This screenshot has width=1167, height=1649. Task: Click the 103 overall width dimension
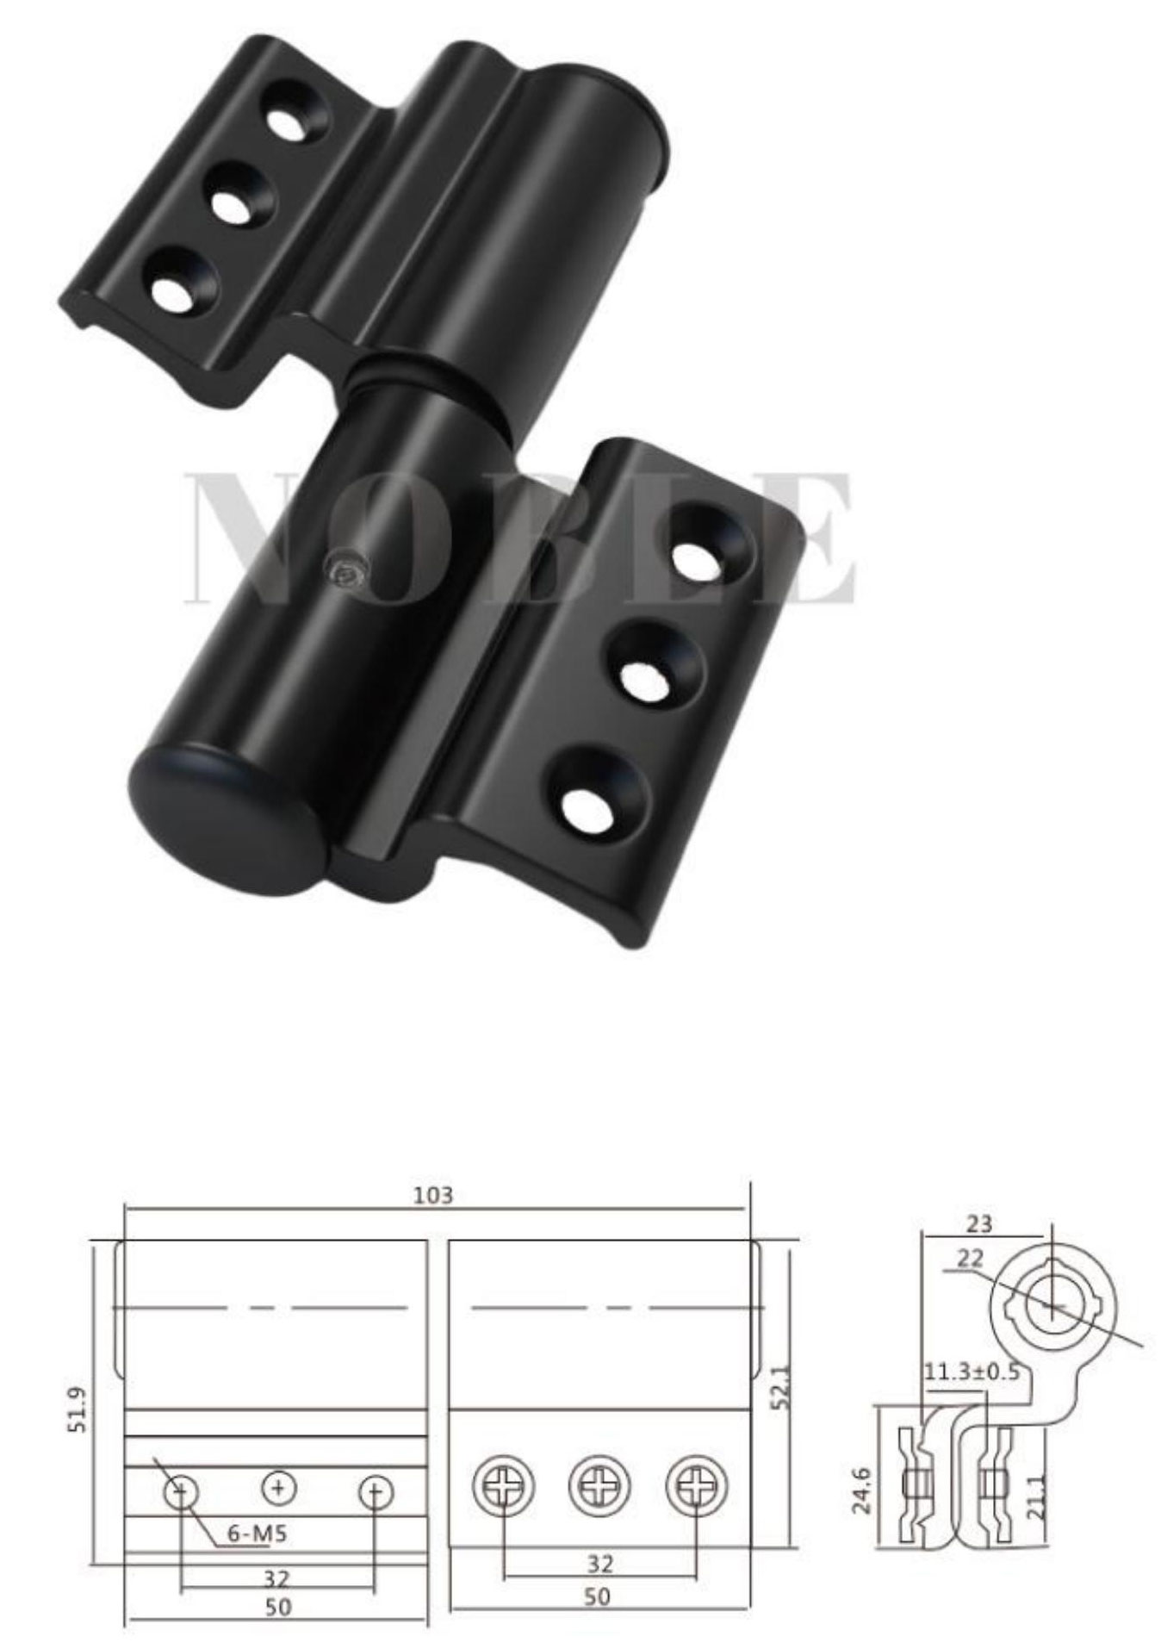432,1195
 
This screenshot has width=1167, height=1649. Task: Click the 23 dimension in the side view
980,1223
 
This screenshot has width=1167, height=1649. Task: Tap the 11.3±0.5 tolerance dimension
971,1372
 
